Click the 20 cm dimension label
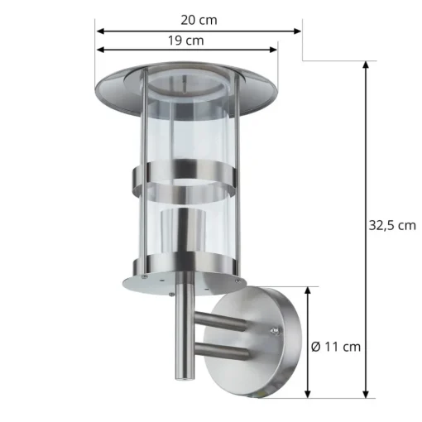199,20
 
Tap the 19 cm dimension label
186,41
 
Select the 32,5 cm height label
392,226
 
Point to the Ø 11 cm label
336,347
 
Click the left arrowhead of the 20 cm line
100,31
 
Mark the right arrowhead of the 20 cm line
297,31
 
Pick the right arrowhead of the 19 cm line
273,50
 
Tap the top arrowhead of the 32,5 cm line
366,65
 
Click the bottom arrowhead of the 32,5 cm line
366,394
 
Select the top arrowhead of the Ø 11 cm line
308,290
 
